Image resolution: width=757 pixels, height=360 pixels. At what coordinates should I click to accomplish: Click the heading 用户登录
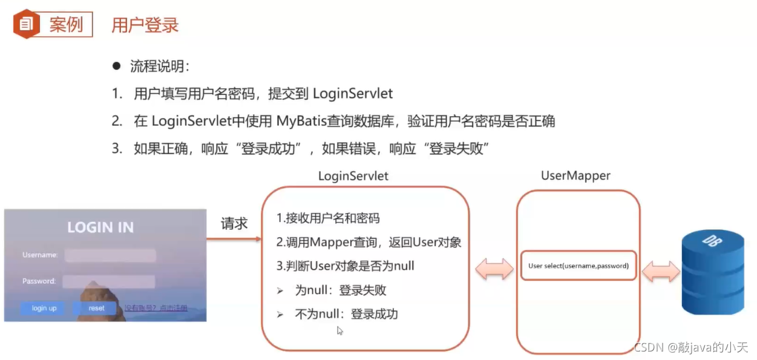coord(145,25)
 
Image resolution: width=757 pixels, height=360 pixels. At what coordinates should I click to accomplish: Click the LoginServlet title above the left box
coord(353,176)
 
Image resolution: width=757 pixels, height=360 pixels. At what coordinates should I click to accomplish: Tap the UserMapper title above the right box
coord(575,176)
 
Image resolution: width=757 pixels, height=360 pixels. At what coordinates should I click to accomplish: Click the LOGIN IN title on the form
coord(100,227)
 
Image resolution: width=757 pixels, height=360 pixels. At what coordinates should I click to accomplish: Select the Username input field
coord(110,255)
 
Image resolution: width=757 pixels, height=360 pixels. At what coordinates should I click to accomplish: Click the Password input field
coord(109,281)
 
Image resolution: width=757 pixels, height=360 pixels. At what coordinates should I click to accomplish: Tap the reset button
coord(96,308)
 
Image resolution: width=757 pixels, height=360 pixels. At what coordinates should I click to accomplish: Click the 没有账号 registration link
coord(156,308)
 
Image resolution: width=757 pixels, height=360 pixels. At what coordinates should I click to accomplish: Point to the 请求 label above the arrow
coord(234,223)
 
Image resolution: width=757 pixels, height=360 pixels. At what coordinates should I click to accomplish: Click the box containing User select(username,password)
coord(578,266)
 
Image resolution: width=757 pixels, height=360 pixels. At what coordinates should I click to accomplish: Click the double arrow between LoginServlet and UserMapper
coord(494,269)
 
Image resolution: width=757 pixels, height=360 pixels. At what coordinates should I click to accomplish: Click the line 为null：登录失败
coord(340,290)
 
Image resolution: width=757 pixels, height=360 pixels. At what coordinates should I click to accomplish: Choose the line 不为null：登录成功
coord(346,314)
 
